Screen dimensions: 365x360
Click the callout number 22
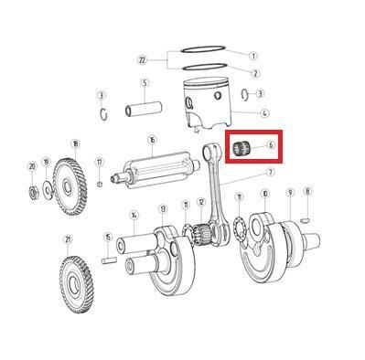tap(142, 60)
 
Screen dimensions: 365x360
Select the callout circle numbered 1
tap(253, 56)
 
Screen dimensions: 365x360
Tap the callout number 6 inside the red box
tap(271, 145)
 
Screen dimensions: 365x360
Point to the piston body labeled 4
tap(207, 104)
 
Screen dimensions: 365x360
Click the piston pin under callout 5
tap(144, 109)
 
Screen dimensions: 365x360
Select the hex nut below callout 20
tap(33, 193)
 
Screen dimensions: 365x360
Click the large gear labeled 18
tap(70, 186)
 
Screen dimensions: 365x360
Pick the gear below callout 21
tap(75, 284)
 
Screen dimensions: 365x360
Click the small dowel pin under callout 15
tap(109, 260)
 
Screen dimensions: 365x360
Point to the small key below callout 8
tap(306, 219)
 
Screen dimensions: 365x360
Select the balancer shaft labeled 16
tap(156, 170)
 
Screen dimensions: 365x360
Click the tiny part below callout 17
tap(100, 184)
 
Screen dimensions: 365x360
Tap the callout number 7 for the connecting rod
tap(270, 173)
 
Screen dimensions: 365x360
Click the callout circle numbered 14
tap(134, 215)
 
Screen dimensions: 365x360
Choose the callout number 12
tap(201, 202)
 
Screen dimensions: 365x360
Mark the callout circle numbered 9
tap(290, 193)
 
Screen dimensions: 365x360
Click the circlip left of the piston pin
tap(103, 114)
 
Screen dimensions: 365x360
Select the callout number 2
tap(255, 73)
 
